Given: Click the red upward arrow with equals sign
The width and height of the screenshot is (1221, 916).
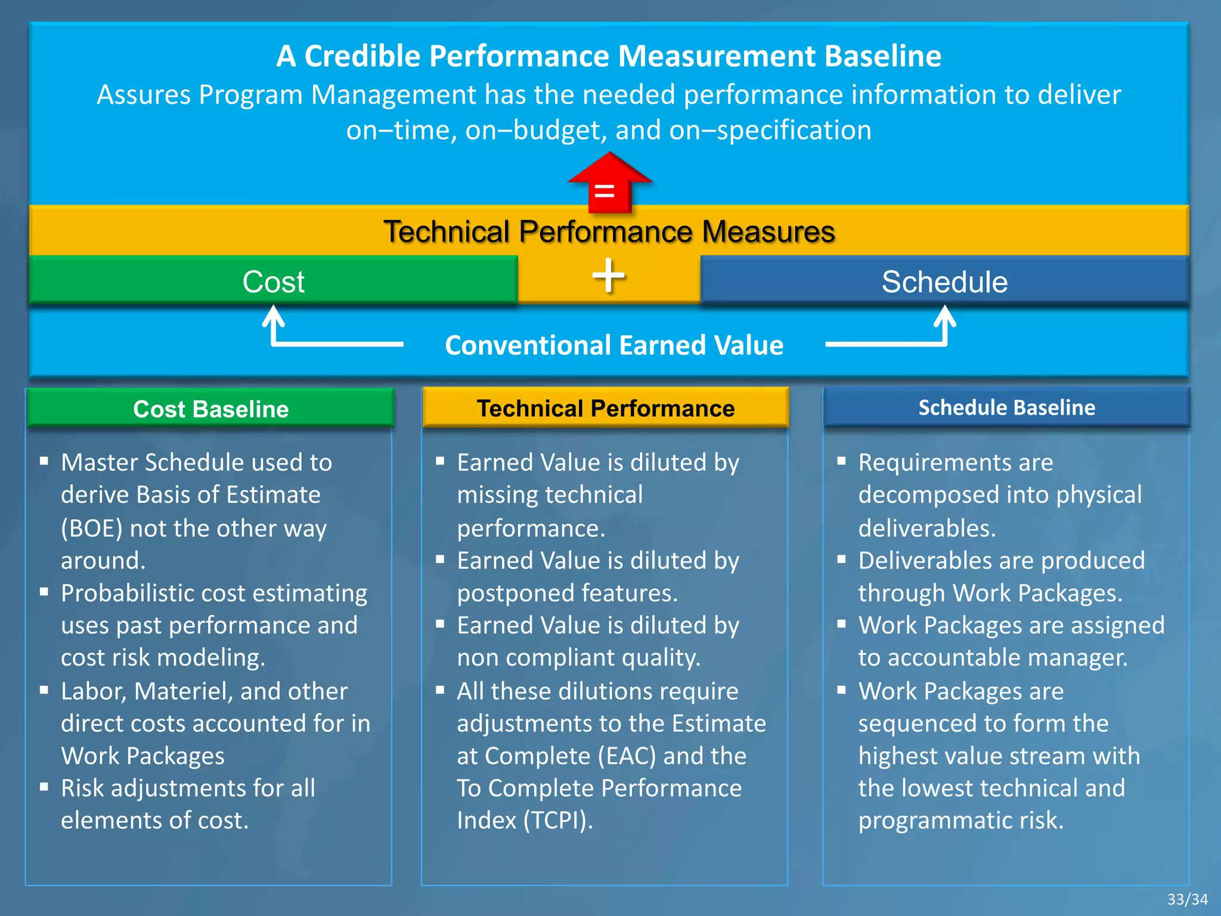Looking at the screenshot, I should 608,184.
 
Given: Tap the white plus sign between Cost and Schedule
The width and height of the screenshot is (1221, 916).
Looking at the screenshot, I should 608,276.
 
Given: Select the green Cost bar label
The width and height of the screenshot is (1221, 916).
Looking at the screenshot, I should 273,281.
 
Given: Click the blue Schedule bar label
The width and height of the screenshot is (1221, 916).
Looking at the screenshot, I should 944,281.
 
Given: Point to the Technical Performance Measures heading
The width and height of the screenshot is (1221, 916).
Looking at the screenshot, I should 608,231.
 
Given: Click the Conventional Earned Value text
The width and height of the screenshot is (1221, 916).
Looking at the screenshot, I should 613,345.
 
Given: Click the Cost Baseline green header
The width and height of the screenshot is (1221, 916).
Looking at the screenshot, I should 210,409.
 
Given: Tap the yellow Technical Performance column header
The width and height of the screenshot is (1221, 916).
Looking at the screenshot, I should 605,408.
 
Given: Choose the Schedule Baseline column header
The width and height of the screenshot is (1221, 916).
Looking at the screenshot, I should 1006,407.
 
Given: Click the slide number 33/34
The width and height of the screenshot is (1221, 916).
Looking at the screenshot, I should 1187,899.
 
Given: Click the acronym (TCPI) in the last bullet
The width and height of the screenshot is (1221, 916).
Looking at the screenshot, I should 557,820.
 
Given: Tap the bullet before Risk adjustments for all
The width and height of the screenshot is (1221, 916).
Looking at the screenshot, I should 44,787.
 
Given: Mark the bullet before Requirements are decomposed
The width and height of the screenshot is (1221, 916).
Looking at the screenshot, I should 841,461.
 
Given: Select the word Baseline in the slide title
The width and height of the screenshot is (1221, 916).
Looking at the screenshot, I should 882,56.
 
